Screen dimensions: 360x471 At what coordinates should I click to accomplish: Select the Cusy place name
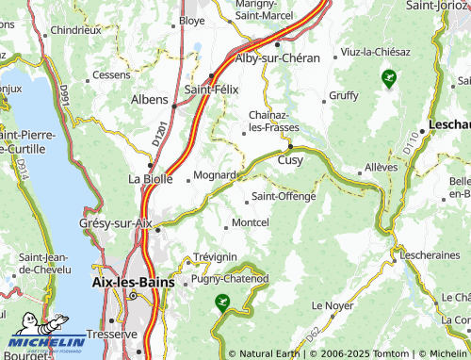290,160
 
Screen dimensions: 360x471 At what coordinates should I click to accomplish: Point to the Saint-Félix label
212,89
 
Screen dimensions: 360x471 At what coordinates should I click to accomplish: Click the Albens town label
149,99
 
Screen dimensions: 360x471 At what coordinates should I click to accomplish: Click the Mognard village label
216,176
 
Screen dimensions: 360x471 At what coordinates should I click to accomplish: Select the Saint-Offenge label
284,197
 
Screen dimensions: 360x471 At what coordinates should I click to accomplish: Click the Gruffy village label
344,96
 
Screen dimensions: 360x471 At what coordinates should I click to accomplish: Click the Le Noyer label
331,305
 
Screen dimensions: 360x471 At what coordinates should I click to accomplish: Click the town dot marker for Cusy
290,147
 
